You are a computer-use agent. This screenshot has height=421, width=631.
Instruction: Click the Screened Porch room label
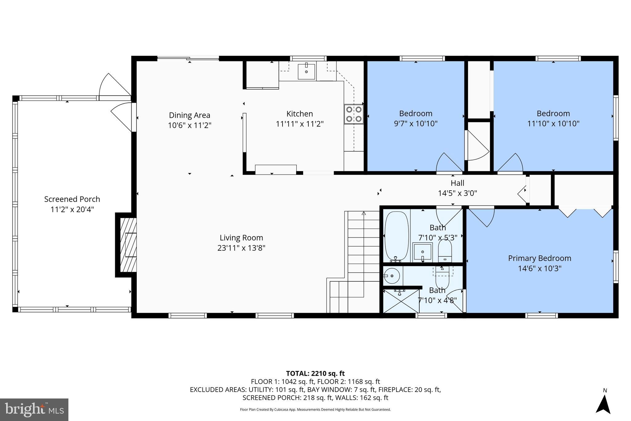pyautogui.click(x=72, y=199)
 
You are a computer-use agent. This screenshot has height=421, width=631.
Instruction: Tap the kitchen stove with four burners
pyautogui.click(x=354, y=114)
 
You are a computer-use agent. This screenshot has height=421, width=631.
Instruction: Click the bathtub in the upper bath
pyautogui.click(x=397, y=236)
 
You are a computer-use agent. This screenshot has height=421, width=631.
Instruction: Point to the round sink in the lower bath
pyautogui.click(x=392, y=276)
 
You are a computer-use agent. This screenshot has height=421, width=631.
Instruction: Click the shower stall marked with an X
pyautogui.click(x=401, y=300)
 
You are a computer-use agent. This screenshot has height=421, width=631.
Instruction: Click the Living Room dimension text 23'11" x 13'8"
pyautogui.click(x=241, y=248)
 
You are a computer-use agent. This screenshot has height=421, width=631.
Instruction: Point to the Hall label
pyautogui.click(x=457, y=183)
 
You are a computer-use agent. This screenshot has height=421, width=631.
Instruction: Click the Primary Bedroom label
pyautogui.click(x=539, y=258)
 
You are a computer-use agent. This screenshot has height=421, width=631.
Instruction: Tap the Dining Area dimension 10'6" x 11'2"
pyautogui.click(x=189, y=126)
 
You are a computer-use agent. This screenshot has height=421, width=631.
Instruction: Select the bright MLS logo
pyautogui.click(x=34, y=410)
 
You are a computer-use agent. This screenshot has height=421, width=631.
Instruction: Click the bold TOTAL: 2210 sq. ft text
pyautogui.click(x=315, y=374)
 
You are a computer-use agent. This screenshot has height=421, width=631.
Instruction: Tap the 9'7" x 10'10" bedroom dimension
pyautogui.click(x=416, y=124)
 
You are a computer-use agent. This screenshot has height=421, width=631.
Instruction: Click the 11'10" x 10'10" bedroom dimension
pyautogui.click(x=553, y=124)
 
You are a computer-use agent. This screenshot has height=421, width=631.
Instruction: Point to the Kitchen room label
pyautogui.click(x=299, y=114)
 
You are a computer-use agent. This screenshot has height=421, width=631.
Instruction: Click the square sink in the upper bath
pyautogui.click(x=422, y=252)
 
